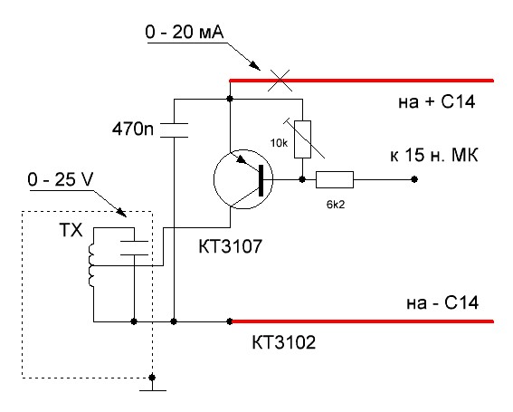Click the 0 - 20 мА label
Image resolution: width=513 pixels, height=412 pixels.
pyautogui.click(x=185, y=32)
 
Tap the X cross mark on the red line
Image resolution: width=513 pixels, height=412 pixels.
pyautogui.click(x=280, y=80)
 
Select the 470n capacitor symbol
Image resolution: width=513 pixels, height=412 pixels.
pyautogui.click(x=174, y=130)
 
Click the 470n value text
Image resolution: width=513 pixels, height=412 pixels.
pyautogui.click(x=132, y=129)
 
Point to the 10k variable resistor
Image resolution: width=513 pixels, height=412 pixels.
pyautogui.click(x=302, y=139)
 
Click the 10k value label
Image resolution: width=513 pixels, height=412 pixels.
pyautogui.click(x=279, y=143)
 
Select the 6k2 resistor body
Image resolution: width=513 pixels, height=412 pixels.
pyautogui.click(x=335, y=179)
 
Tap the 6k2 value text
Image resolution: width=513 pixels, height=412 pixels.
pyautogui.click(x=336, y=205)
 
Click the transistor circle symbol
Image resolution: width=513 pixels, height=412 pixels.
pyautogui.click(x=243, y=179)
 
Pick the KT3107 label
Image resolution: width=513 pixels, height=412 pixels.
pyautogui.click(x=231, y=246)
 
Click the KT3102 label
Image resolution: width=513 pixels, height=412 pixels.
pyautogui.click(x=284, y=342)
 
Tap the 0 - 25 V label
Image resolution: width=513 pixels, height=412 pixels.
pyautogui.click(x=61, y=179)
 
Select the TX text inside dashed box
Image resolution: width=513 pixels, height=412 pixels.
pyautogui.click(x=71, y=230)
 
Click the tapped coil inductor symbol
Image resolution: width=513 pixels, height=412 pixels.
pyautogui.click(x=90, y=265)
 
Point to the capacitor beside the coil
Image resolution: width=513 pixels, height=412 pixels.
pyautogui.click(x=134, y=248)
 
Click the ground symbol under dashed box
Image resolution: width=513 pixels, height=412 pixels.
pyautogui.click(x=153, y=387)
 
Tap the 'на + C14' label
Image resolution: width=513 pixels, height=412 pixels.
pyautogui.click(x=436, y=101)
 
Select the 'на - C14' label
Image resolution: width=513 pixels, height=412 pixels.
pyautogui.click(x=442, y=302)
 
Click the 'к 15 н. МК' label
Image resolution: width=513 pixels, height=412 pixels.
pyautogui.click(x=433, y=155)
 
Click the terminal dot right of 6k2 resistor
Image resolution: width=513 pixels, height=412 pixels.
pyautogui.click(x=414, y=179)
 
